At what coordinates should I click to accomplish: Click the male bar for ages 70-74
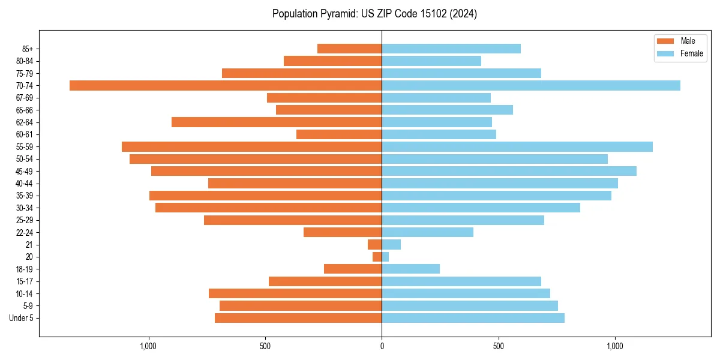click(x=226, y=85)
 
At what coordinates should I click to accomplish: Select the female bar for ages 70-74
click(x=531, y=85)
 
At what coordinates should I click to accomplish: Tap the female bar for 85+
click(x=451, y=49)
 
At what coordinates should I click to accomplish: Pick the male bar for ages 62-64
click(x=277, y=122)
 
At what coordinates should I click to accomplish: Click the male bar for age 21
click(x=375, y=244)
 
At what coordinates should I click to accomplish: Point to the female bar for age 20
click(x=385, y=257)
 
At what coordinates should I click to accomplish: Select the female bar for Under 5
click(x=473, y=318)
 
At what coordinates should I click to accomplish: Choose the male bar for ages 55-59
click(x=252, y=146)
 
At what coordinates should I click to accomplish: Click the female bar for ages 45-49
click(x=509, y=171)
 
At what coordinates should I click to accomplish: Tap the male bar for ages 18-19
click(x=353, y=269)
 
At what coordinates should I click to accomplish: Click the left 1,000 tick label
click(x=148, y=346)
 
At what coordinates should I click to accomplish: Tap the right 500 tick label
click(x=498, y=346)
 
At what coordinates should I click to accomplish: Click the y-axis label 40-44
click(x=25, y=184)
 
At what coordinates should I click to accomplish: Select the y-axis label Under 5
click(x=21, y=318)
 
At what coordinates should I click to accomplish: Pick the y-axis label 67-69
click(x=25, y=98)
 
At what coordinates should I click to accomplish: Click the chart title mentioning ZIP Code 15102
click(x=374, y=14)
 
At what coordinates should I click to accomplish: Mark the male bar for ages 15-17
click(x=325, y=281)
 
